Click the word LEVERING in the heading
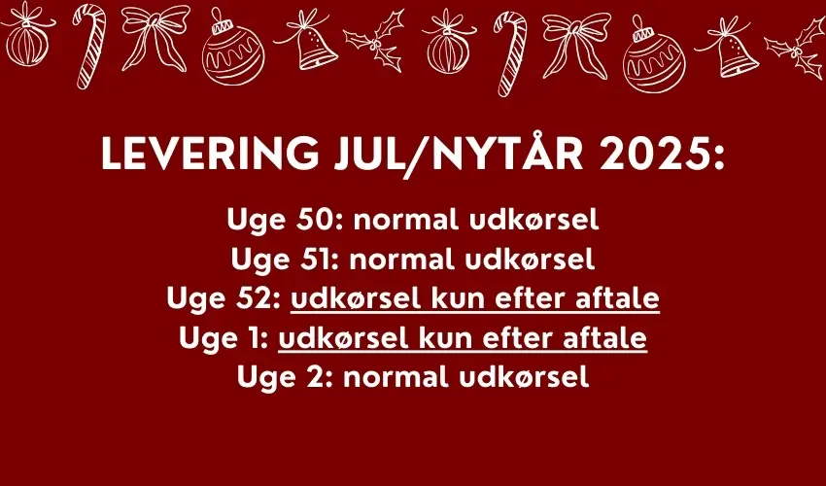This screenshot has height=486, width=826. tap(210, 154)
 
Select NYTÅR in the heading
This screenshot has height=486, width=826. tap(499, 152)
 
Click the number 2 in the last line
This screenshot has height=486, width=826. tap(321, 377)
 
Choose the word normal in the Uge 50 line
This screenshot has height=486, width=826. tap(406, 220)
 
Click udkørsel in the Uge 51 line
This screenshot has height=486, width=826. tap(531, 259)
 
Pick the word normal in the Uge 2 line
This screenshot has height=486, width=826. tap(396, 377)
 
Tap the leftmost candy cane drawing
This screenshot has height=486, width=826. tap(89, 46)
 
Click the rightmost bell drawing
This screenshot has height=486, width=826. tap(730, 48)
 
